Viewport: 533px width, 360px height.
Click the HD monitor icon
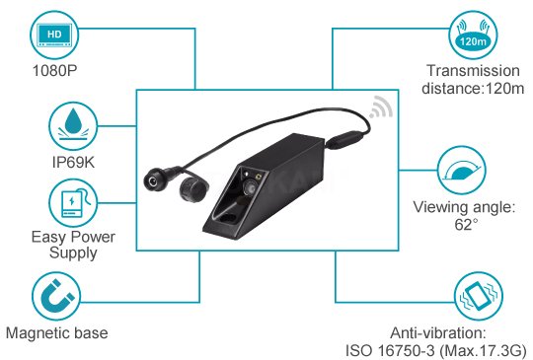click(54, 36)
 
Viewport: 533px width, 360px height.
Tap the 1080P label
click(54, 71)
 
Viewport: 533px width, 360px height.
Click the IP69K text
click(73, 162)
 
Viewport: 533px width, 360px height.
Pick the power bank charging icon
click(73, 203)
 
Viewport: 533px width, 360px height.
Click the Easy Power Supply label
click(73, 246)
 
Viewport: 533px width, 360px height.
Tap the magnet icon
click(56, 296)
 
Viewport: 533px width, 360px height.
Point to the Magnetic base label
click(57, 332)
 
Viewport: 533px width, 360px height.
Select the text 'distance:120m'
click(473, 89)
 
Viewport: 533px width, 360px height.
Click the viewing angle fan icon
click(461, 171)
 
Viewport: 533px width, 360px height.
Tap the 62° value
click(466, 225)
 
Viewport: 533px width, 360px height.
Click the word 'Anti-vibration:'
click(438, 332)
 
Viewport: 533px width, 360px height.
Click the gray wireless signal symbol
click(381, 108)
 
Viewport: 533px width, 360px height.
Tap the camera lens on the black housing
click(250, 187)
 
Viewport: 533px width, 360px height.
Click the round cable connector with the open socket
click(154, 180)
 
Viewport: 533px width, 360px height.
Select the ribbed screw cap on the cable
click(192, 189)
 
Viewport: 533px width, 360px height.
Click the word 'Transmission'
click(473, 71)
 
